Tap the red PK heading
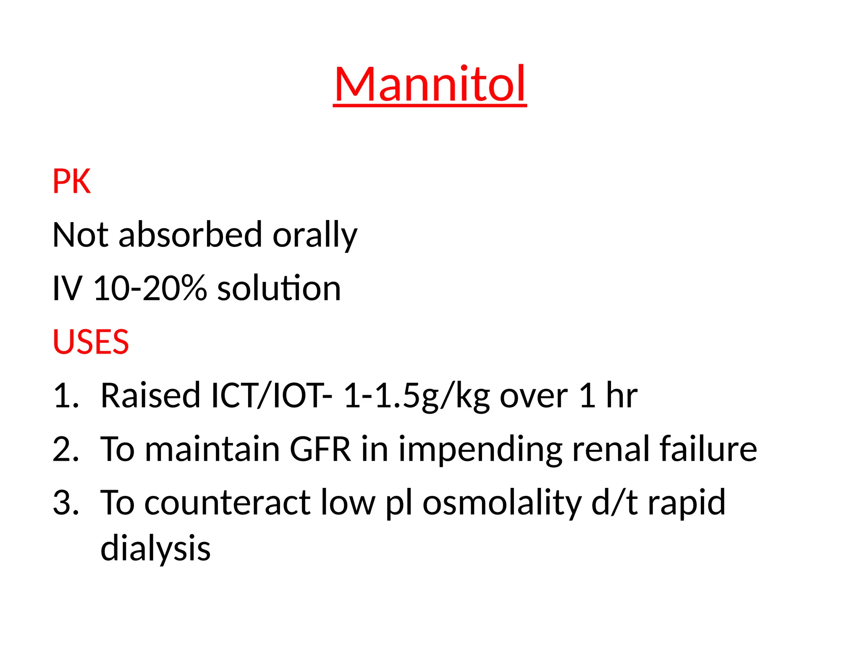coord(71,181)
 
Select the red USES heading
coord(91,342)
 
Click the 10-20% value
coord(150,288)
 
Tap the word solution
coord(279,288)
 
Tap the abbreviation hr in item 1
coord(621,396)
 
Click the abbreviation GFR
coord(320,449)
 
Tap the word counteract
coord(227,503)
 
